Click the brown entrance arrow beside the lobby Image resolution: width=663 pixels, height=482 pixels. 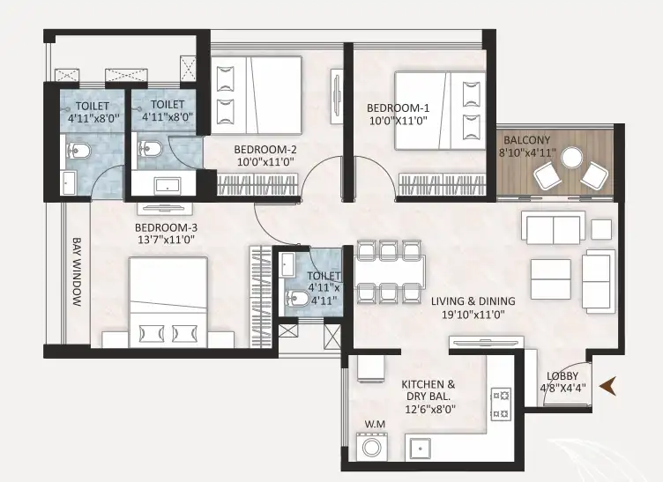(607, 386)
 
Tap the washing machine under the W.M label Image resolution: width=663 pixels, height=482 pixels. (372, 447)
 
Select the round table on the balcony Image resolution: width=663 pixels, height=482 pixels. (571, 158)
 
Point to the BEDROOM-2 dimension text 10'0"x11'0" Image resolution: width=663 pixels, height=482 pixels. (265, 162)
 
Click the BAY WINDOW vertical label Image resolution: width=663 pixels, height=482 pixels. (77, 271)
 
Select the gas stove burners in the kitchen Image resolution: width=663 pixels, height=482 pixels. (501, 404)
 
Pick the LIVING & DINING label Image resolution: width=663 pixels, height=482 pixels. (473, 301)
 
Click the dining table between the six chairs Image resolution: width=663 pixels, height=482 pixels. (390, 271)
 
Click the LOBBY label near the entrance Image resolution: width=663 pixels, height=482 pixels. (562, 376)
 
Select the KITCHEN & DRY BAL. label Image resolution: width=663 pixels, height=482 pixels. (428, 390)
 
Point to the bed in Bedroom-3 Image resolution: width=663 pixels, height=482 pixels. (168, 301)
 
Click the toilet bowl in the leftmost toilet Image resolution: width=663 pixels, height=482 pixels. (78, 151)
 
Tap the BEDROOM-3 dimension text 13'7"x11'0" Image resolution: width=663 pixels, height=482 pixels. (166, 240)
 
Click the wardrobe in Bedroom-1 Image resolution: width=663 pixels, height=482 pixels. (442, 184)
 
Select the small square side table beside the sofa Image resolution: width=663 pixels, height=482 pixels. (601, 230)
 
